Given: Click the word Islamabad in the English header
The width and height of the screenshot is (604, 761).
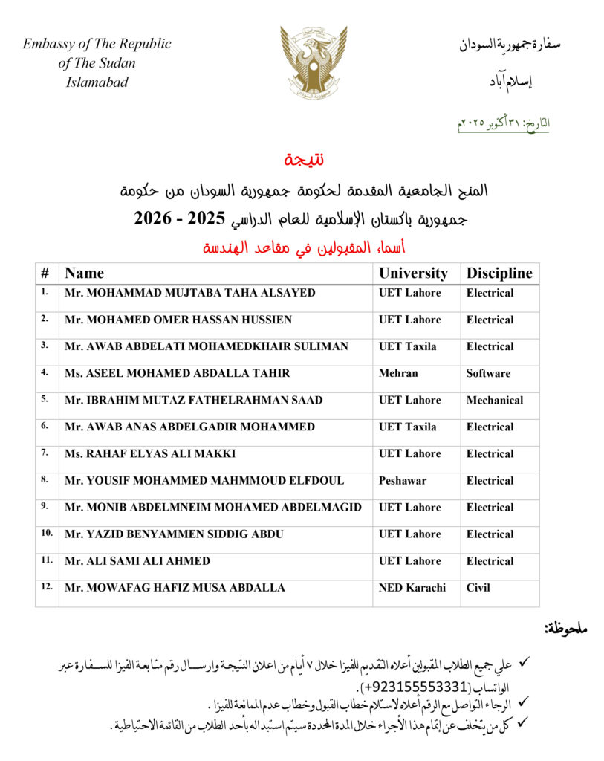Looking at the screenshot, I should coord(97,82).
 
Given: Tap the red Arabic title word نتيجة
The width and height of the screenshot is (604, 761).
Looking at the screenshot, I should coord(304,160).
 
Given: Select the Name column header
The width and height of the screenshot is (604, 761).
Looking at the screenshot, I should coord(85,273).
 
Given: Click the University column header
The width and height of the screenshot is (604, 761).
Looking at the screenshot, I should coord(413,273).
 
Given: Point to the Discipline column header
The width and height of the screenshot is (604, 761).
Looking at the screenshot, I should coord(499,273).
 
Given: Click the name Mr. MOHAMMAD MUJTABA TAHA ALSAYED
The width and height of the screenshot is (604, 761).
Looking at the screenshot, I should coord(190,293).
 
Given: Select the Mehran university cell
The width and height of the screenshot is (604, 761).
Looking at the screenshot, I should coord(398,373).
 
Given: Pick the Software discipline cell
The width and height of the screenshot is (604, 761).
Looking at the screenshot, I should coord(488,373).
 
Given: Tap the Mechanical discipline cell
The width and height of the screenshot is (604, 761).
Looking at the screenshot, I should coord(495,400).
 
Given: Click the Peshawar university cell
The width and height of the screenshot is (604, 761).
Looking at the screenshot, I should coord(403,480).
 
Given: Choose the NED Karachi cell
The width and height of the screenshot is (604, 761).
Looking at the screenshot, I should coord(412,587).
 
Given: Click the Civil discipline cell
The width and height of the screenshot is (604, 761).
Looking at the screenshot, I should coord(478,587).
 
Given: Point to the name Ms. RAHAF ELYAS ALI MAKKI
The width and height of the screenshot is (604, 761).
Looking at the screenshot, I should coord(150,453).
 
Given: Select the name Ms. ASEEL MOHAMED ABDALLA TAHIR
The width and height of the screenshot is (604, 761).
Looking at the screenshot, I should coord(178,373).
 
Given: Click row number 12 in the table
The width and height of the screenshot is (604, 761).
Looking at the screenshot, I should coord(47,586).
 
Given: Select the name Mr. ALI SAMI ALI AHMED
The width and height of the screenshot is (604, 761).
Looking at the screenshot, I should coord(137,560).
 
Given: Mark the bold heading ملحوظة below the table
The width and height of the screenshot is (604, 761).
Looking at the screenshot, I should coord(565,629).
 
